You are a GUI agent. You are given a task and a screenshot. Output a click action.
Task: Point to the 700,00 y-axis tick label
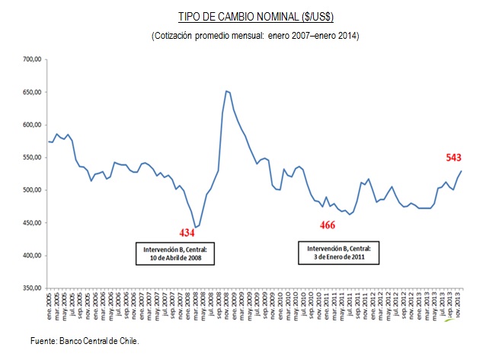click(x=31, y=59)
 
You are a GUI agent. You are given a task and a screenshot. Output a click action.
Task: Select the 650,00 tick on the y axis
click(x=31, y=92)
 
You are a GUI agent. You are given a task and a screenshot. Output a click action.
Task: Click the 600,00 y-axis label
click(x=31, y=125)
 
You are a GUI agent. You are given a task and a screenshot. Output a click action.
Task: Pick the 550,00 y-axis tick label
click(x=31, y=158)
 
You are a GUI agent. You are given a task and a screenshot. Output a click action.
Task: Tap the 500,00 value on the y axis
click(x=31, y=190)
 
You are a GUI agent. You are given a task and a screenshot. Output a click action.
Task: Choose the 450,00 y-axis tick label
click(x=31, y=223)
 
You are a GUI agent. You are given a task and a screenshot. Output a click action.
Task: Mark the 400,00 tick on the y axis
click(x=31, y=256)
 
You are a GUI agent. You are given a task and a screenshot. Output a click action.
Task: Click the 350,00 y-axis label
click(x=31, y=288)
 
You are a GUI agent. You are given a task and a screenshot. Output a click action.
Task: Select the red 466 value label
click(x=328, y=226)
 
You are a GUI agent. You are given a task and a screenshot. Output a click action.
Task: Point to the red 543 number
click(x=455, y=158)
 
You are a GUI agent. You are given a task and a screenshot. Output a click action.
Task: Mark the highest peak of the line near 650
click(x=226, y=91)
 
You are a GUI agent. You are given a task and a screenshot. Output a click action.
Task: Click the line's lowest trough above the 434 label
click(x=197, y=227)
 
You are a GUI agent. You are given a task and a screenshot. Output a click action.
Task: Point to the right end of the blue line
click(x=461, y=171)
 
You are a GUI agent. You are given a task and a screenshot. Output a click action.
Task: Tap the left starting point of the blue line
click(x=49, y=142)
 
